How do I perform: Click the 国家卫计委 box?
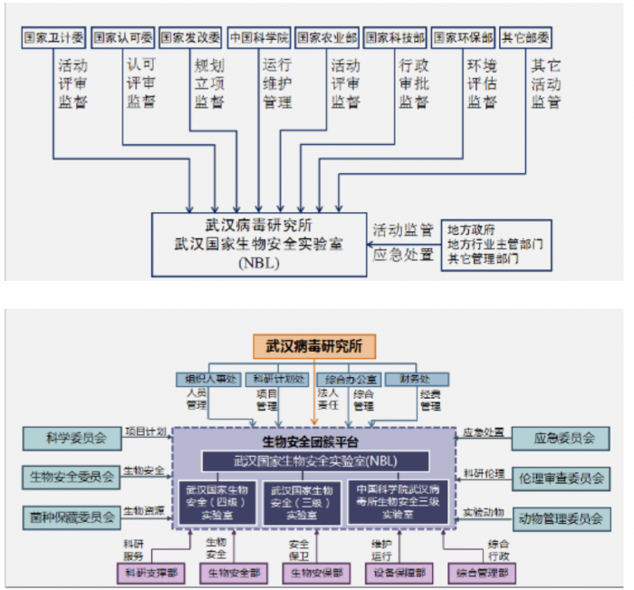click(x=53, y=38)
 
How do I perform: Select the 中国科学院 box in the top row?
click(x=258, y=38)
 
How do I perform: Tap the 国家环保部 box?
click(x=463, y=38)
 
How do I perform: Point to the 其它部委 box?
click(x=525, y=38)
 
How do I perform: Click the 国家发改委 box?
click(x=190, y=38)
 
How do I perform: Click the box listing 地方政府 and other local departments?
click(x=495, y=244)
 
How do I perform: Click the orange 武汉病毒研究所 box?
click(x=314, y=345)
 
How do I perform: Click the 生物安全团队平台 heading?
click(x=314, y=442)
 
